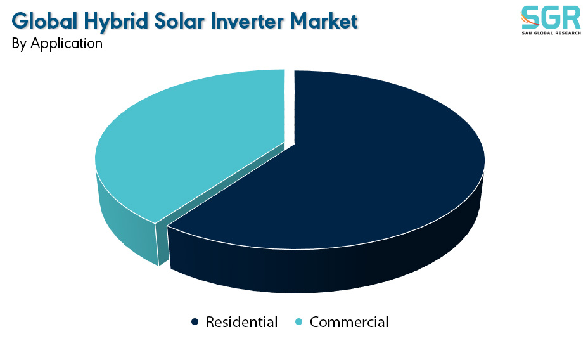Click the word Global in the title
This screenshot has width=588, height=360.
click(44, 21)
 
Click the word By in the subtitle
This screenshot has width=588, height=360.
click(19, 44)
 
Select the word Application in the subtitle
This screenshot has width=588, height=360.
click(67, 44)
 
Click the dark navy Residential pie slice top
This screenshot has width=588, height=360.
click(338, 161)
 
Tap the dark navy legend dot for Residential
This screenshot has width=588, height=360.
click(195, 322)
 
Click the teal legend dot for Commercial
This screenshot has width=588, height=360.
click(299, 322)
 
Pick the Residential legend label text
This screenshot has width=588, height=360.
click(241, 322)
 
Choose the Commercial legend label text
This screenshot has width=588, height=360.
click(349, 322)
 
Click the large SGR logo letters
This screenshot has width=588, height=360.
click(551, 17)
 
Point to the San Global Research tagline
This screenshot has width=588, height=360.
click(551, 33)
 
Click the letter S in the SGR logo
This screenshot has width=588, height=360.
click(530, 17)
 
